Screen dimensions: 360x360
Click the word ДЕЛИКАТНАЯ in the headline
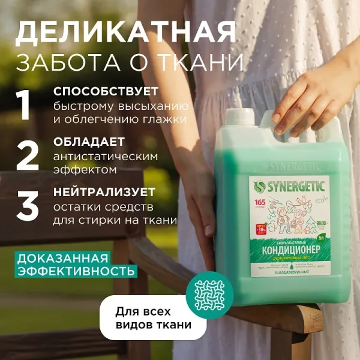click(125, 32)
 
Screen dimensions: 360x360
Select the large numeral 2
click(28, 155)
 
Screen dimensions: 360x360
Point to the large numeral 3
click(28, 206)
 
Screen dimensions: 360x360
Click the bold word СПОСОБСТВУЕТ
click(106, 92)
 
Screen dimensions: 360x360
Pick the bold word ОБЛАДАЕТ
click(89, 142)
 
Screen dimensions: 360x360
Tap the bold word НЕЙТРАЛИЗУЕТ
click(104, 193)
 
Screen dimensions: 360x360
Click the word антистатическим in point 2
click(106, 156)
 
